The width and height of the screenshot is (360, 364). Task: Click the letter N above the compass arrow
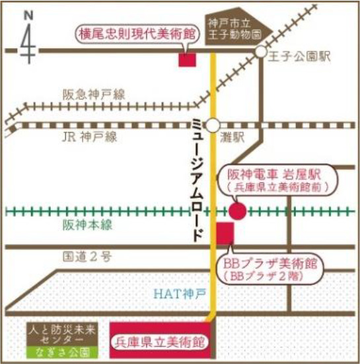coord(27,14)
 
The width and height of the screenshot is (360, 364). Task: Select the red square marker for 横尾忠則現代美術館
coord(188,58)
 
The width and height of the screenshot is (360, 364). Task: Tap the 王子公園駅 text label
coord(297,57)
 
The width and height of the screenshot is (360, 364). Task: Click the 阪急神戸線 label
coord(90,95)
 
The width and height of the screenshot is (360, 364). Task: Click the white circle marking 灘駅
coord(213,124)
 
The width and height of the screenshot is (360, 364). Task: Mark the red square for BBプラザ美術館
coord(225,233)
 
